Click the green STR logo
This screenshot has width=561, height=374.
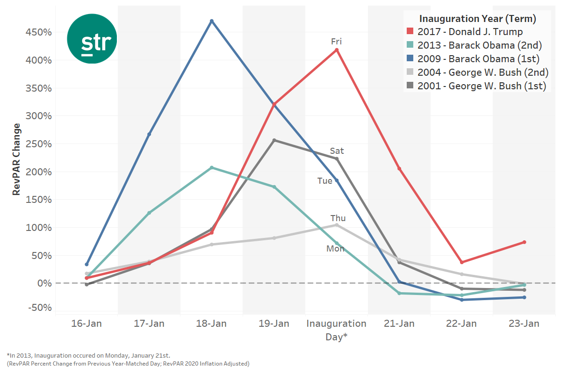coord(92,39)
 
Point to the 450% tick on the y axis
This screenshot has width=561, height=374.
coord(38,32)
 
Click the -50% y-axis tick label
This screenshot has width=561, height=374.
coord(40,308)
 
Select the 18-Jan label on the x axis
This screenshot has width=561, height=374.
coord(211,324)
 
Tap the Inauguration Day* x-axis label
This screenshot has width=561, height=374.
coord(337,330)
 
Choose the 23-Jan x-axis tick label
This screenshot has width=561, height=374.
coord(524,324)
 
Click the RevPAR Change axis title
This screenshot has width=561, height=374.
coord(17,159)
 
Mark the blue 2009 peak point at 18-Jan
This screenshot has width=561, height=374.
coord(212,21)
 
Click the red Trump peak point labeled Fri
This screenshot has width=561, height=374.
coord(337,50)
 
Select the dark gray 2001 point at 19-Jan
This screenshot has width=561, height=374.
coord(274,140)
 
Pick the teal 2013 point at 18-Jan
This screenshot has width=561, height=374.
coord(212,167)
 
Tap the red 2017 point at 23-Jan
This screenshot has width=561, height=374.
coord(524,242)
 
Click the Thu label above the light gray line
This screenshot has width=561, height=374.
coord(338,218)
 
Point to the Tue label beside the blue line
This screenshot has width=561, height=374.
coord(324,181)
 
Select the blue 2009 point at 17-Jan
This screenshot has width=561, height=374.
coord(149,134)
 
